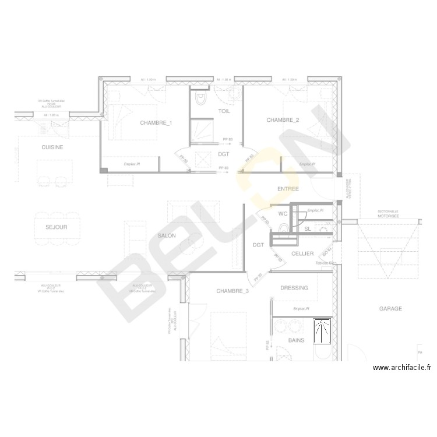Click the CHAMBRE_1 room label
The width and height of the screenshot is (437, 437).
click(x=156, y=123)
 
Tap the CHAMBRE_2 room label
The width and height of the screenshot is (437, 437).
click(x=283, y=120)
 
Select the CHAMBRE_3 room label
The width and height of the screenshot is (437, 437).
click(x=232, y=291)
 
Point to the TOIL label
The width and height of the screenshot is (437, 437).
click(x=224, y=111)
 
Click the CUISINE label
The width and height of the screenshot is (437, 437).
click(x=52, y=147)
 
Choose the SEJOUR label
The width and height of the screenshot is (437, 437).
click(x=57, y=227)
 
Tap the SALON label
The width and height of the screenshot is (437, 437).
click(x=167, y=235)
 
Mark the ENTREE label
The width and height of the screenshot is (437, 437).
click(x=288, y=189)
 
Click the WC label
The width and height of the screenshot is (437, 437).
click(x=283, y=214)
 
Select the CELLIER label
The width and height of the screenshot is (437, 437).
click(x=302, y=253)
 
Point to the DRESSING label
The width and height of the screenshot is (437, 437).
click(x=294, y=288)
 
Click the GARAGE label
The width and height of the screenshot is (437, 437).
click(x=390, y=309)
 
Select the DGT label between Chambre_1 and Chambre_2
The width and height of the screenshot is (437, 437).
click(x=224, y=154)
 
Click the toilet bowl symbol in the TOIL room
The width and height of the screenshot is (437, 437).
click(x=202, y=100)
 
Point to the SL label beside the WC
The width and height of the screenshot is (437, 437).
click(x=307, y=229)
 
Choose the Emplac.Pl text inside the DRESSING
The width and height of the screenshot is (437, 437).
click(x=301, y=308)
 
